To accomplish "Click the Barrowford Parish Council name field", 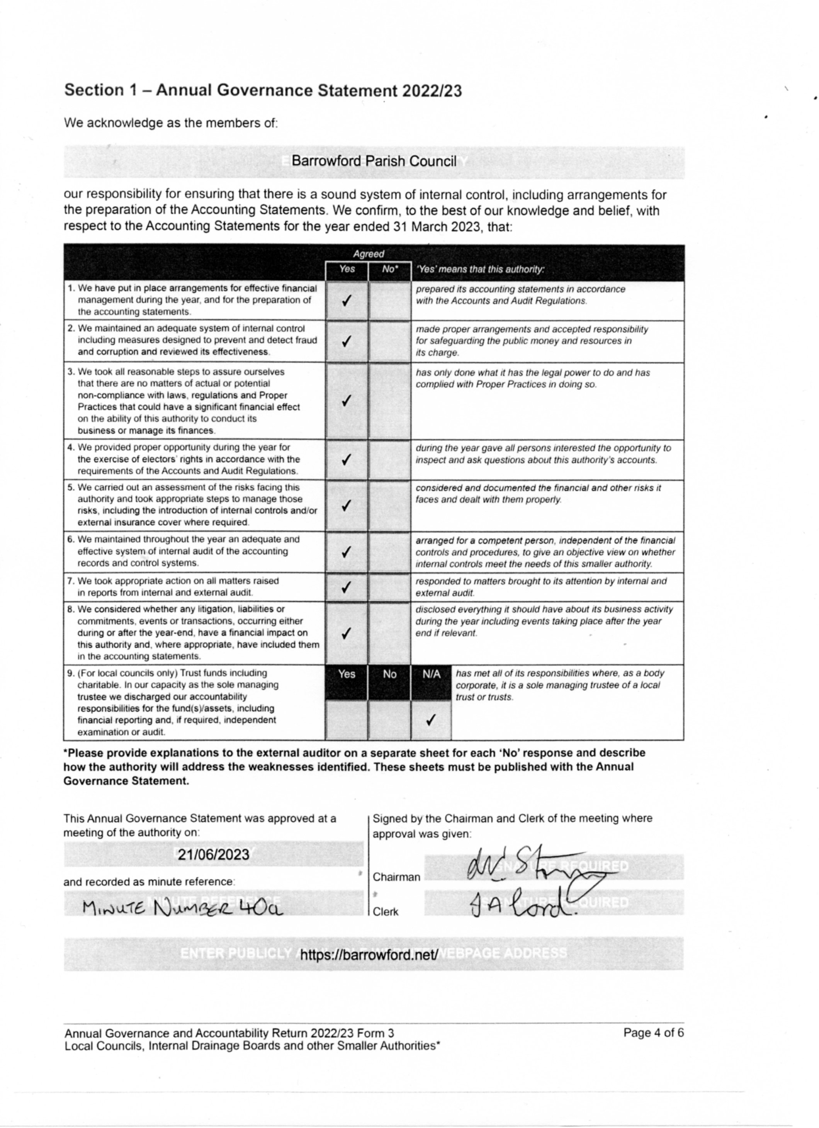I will point(374,161).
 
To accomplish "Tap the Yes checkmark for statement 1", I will point(347,301).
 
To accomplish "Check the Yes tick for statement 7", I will point(347,588).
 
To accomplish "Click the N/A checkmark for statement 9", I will point(431,720).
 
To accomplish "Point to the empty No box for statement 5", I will point(389,505).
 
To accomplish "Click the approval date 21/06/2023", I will point(214,854).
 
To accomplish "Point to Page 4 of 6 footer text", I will point(653,1033).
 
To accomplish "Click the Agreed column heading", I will point(369,254).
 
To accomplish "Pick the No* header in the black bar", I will point(390,269).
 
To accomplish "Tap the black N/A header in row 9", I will point(431,674).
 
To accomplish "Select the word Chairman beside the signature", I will point(396,877).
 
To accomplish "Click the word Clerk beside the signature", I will point(386,912).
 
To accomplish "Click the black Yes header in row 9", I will point(347,674).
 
